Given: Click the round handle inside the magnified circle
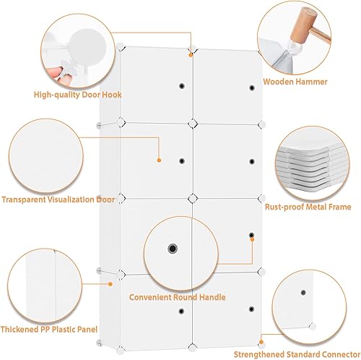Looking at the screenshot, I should [x=172, y=249].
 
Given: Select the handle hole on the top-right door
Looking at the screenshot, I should [x=251, y=87].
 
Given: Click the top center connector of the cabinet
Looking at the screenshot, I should [x=191, y=50].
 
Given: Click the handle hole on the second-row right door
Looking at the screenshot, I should [x=251, y=160].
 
